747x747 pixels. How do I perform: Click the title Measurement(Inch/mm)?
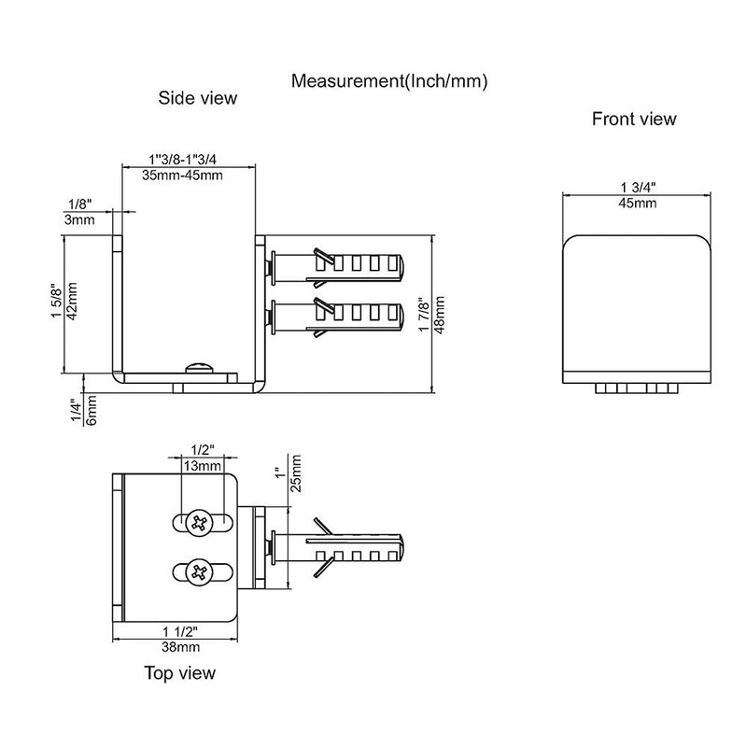click(389, 81)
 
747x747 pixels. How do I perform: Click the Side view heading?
click(198, 98)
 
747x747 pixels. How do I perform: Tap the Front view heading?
click(634, 119)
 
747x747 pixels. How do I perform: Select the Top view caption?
click(180, 673)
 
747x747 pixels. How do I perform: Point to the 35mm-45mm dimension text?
click(182, 176)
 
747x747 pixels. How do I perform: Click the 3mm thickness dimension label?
click(79, 220)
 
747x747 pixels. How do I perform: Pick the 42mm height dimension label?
click(72, 301)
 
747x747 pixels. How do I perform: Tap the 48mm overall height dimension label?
click(439, 315)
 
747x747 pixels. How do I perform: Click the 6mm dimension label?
click(92, 410)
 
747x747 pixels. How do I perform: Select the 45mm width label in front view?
click(638, 204)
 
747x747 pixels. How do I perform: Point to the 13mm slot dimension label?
click(203, 465)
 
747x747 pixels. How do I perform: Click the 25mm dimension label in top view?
click(295, 473)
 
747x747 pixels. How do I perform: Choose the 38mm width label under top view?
click(180, 647)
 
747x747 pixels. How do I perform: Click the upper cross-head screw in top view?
click(200, 523)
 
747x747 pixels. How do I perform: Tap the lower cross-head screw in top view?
click(200, 572)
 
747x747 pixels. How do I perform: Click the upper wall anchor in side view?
click(337, 268)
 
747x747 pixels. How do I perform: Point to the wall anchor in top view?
click(337, 548)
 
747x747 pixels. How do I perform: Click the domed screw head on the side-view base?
click(199, 367)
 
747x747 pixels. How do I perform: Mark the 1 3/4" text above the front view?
click(639, 188)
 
